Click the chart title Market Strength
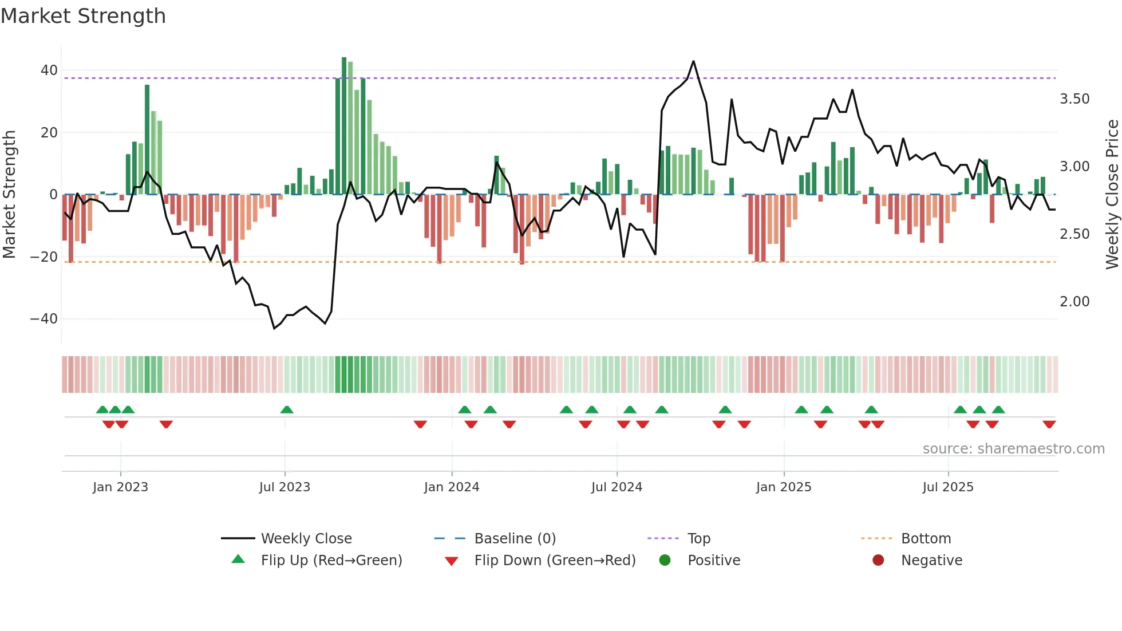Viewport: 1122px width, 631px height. [84, 16]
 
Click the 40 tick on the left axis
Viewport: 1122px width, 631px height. [49, 70]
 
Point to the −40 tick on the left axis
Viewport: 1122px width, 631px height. [45, 319]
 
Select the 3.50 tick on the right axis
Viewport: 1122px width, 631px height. [1074, 99]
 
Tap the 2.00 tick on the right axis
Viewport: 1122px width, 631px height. [1074, 302]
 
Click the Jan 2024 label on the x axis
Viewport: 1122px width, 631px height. [452, 487]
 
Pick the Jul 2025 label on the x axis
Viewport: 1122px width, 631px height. [948, 487]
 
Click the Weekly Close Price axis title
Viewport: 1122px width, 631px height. [1112, 194]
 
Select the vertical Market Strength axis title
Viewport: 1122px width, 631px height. [10, 194]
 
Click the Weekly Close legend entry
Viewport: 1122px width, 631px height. [306, 539]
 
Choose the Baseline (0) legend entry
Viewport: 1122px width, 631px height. [515, 539]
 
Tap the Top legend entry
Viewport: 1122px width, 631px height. [698, 539]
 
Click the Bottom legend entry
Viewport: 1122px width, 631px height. [926, 539]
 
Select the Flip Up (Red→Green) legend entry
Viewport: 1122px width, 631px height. [331, 561]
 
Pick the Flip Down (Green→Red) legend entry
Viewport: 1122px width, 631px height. [555, 561]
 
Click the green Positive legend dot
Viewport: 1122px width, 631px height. [665, 560]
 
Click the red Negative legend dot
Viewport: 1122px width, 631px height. [878, 560]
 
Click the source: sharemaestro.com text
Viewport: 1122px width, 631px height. [1013, 449]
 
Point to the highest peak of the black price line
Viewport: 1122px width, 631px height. [693, 61]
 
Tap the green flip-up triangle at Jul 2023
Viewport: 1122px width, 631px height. [287, 409]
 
